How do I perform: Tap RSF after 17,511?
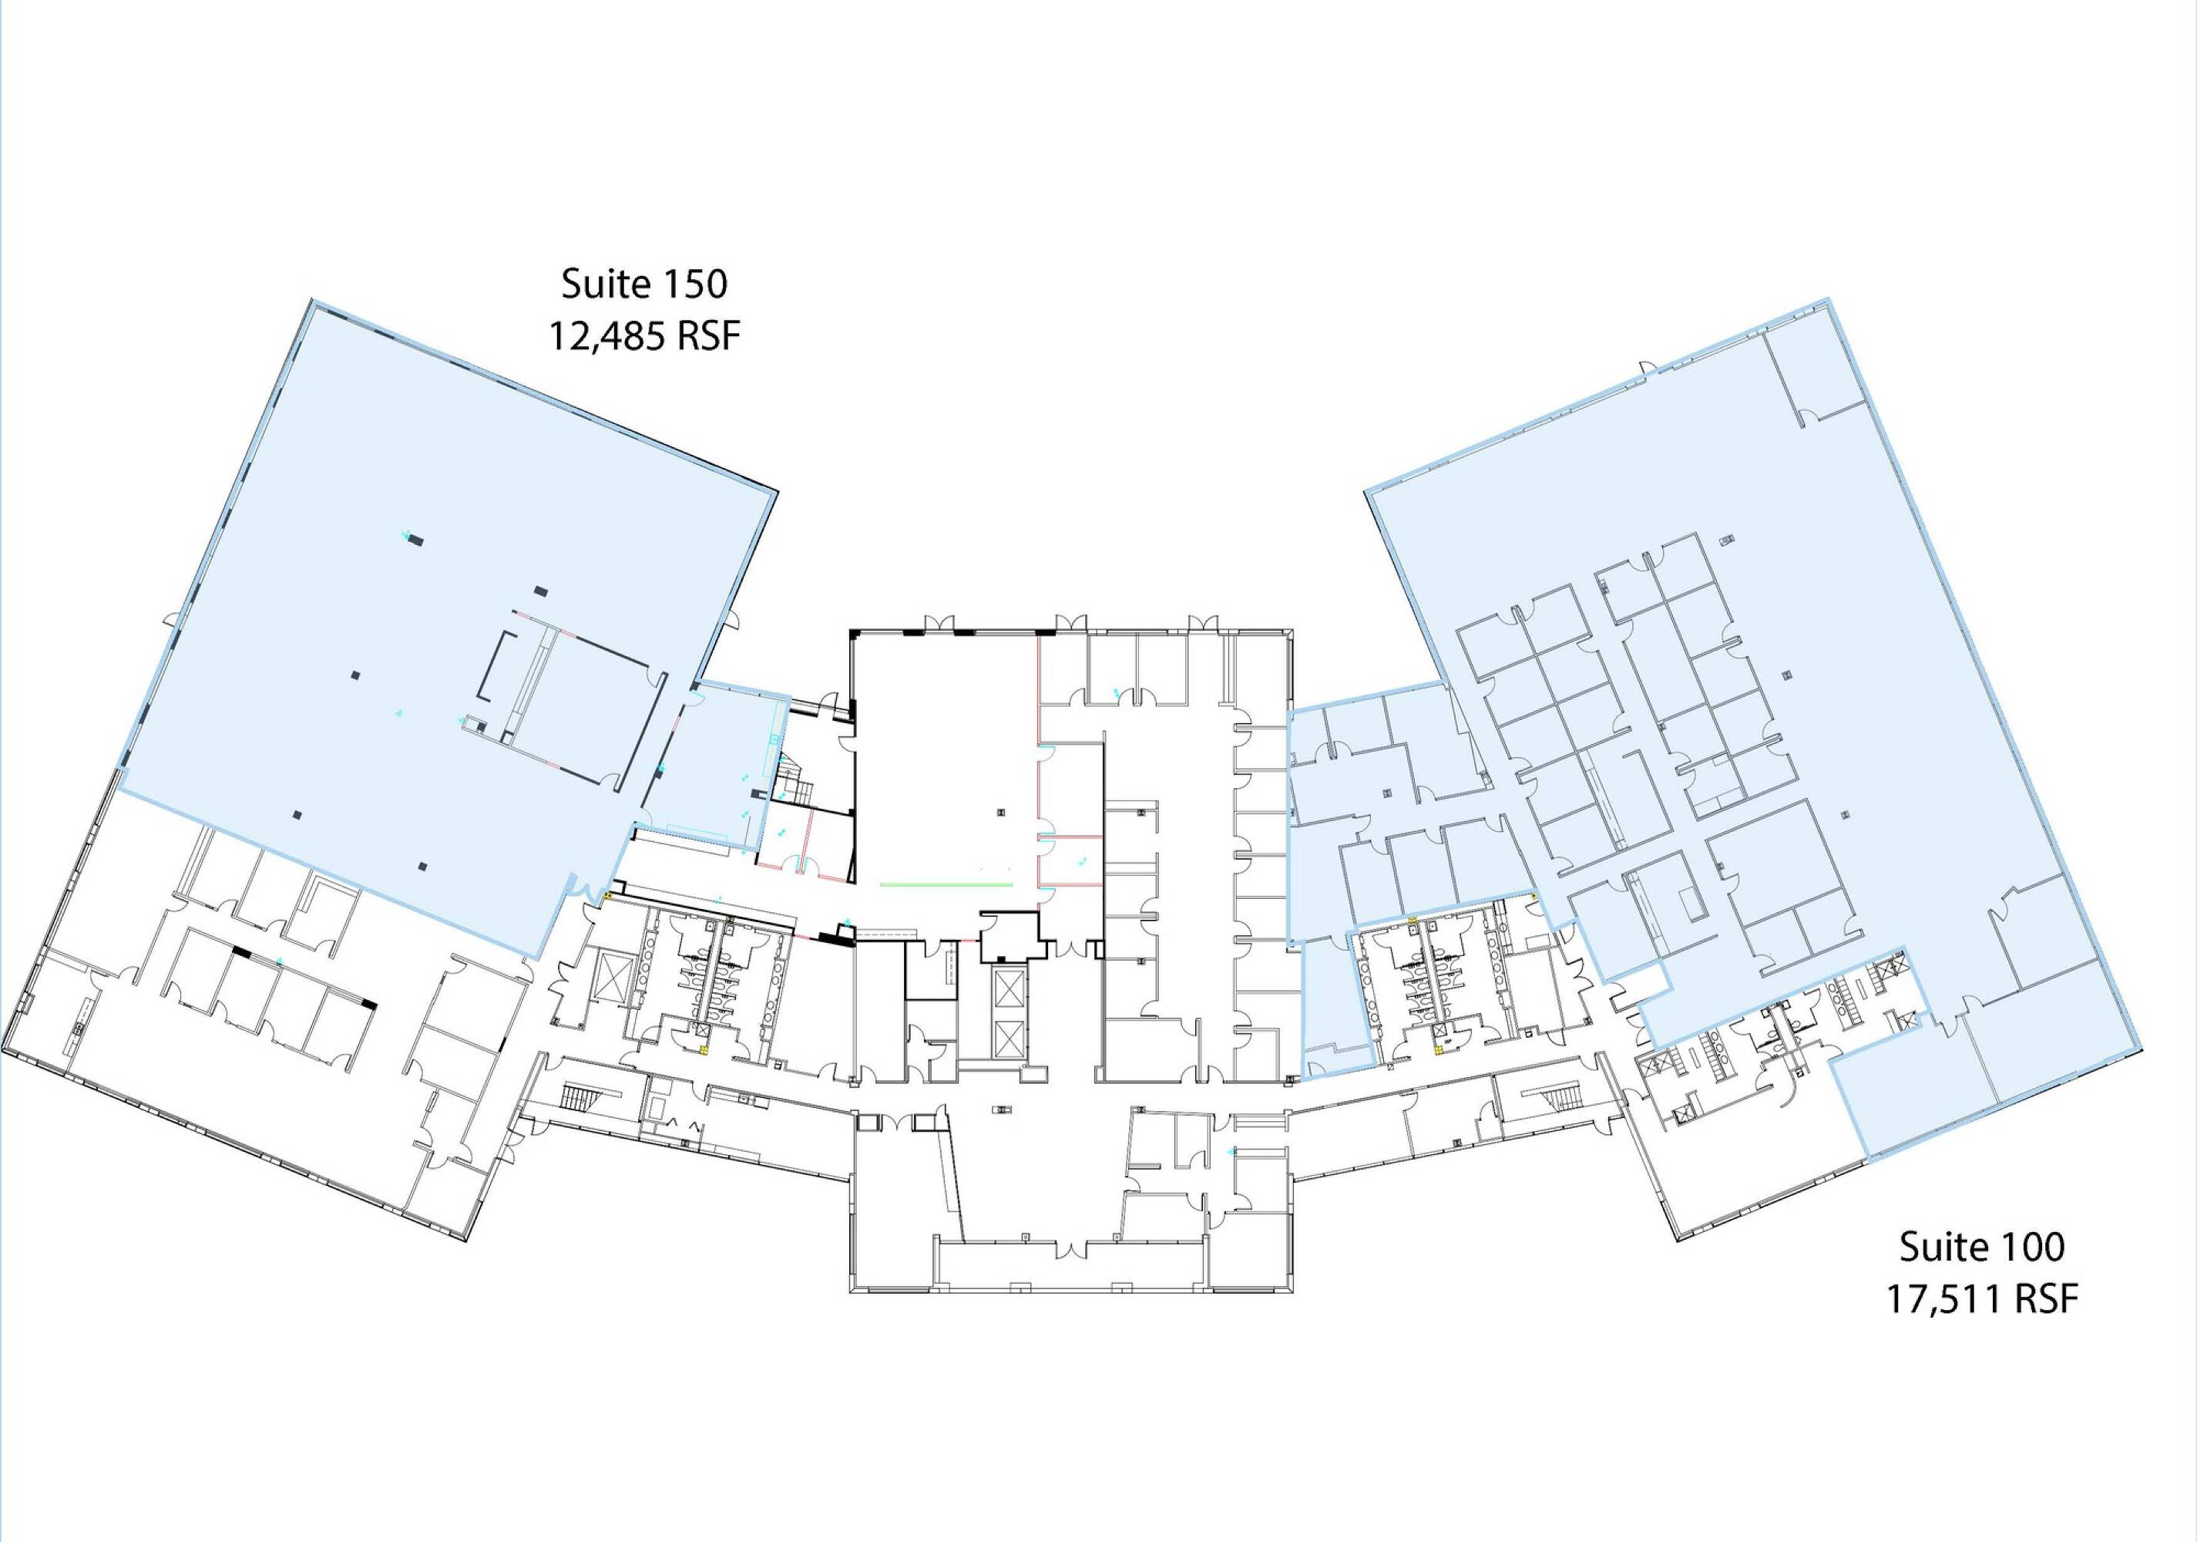pyautogui.click(x=2047, y=1299)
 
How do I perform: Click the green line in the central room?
pyautogui.click(x=946, y=884)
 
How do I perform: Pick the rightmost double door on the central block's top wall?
pyautogui.click(x=1203, y=624)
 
